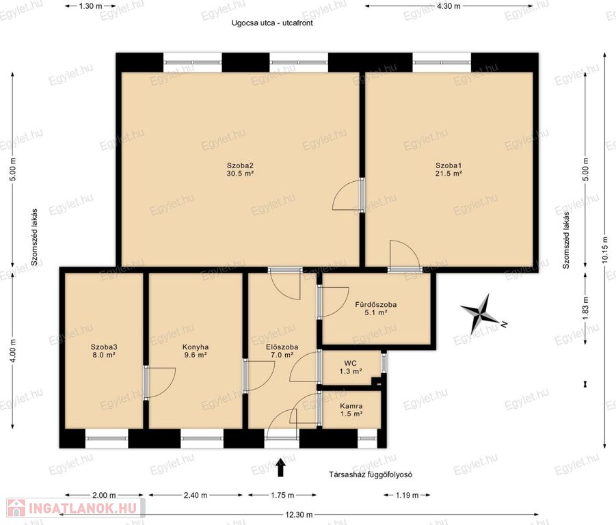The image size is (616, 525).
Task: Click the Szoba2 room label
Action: point(240,170)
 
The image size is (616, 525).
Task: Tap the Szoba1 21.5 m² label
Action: point(448,170)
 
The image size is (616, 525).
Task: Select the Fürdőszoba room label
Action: point(375,308)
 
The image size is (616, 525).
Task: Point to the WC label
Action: point(351,367)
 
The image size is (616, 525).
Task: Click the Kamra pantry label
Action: point(351,410)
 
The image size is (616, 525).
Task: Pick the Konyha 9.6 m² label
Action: point(196,351)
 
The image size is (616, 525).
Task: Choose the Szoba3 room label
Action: point(104,351)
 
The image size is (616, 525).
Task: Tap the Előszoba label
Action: point(282,351)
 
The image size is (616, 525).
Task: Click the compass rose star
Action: point(480,313)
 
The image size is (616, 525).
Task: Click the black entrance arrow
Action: point(280,468)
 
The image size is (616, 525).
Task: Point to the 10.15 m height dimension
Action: point(605,251)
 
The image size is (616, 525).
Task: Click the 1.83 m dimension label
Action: point(585,308)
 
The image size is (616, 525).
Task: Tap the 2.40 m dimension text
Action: point(196,495)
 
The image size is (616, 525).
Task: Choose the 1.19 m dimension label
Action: point(407,495)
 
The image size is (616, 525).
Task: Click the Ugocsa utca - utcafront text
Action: point(272,23)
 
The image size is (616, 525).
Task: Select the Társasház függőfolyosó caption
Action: point(371,474)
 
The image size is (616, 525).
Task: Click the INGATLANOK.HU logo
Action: point(76,508)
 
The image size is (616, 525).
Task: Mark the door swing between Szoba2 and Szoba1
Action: point(347,195)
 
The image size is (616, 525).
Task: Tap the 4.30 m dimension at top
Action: point(448,6)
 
